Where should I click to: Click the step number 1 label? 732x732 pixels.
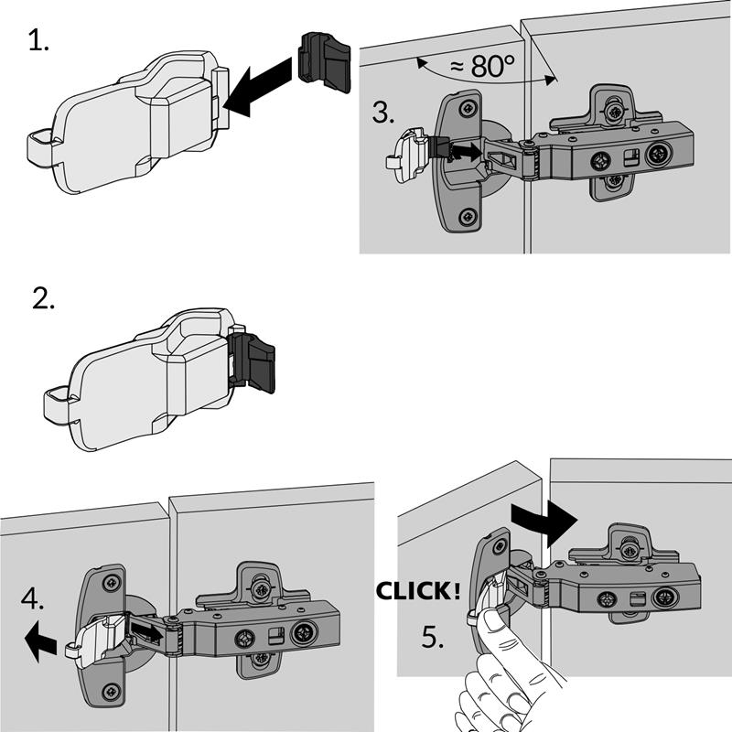[x=38, y=41]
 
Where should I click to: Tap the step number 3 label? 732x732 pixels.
[x=384, y=114]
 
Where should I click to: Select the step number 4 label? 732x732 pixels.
[x=31, y=601]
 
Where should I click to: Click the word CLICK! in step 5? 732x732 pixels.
[x=418, y=591]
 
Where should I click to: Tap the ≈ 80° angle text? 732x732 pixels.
[x=485, y=66]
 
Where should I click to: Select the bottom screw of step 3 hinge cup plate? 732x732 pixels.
[x=468, y=217]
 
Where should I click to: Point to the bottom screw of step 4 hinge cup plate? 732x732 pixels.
[x=111, y=690]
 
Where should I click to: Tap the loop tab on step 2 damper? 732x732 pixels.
[x=56, y=400]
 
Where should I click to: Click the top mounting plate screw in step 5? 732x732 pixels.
[x=630, y=549]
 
